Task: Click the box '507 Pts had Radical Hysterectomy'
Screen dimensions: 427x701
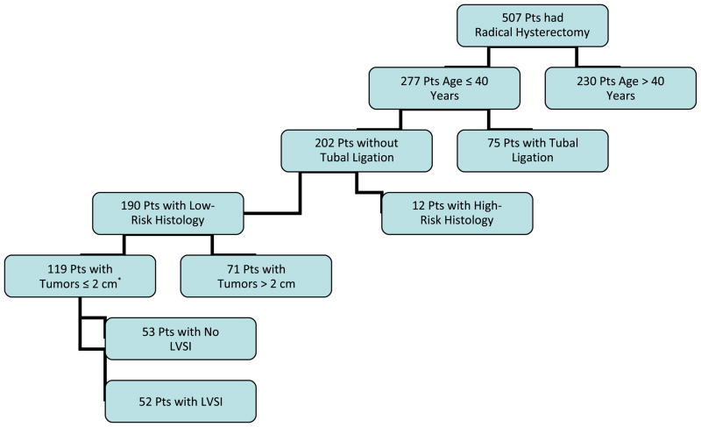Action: [532, 25]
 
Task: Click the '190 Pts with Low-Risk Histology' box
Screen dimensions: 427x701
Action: [168, 211]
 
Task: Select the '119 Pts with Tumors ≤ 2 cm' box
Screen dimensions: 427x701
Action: [80, 275]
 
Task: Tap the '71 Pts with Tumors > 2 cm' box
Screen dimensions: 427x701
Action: [256, 275]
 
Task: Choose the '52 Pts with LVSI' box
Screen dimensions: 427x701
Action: [181, 402]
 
